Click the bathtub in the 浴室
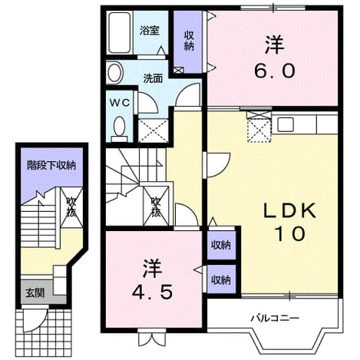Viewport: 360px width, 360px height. click(120, 32)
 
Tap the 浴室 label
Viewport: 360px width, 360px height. click(150, 31)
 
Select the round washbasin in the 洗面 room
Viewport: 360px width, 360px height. click(114, 72)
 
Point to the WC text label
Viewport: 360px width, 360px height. click(120, 103)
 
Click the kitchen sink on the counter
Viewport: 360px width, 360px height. click(286, 124)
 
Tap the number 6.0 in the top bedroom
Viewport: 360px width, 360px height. click(275, 71)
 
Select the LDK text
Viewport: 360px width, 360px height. click(289, 211)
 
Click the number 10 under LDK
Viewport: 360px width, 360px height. click(289, 234)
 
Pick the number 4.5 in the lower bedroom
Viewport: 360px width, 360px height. click(152, 292)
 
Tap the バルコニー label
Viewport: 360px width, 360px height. click(275, 319)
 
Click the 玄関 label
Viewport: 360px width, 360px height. click(35, 292)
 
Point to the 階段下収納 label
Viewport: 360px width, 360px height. click(51, 165)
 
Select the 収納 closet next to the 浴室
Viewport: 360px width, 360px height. click(189, 41)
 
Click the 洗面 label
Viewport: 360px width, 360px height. click(153, 78)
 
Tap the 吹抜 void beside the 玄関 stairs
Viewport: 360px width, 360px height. click(71, 207)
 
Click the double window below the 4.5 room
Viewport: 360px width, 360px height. click(152, 339)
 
